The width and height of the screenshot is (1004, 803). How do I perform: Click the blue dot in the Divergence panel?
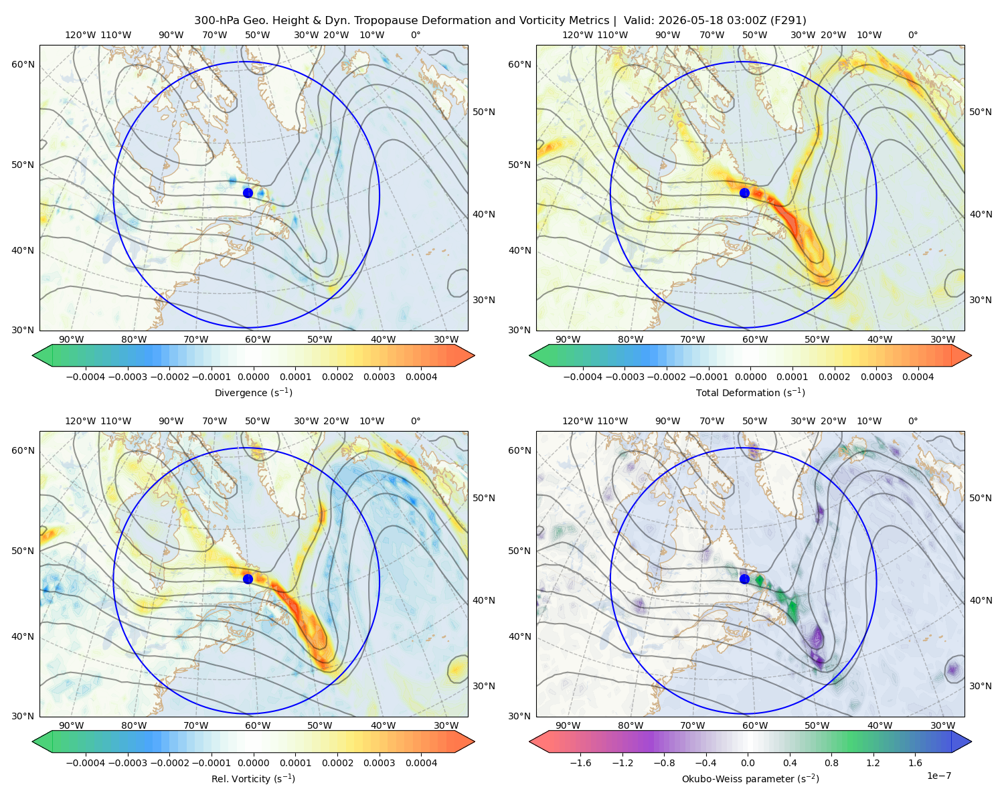tap(248, 193)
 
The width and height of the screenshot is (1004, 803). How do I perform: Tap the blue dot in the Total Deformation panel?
tap(744, 193)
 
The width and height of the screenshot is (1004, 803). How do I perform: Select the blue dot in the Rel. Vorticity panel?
tap(248, 579)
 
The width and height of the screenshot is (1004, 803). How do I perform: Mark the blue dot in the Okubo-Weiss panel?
tap(744, 579)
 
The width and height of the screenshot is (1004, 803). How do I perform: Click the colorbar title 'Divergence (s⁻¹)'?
tap(253, 392)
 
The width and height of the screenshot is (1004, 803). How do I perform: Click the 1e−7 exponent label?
tap(938, 776)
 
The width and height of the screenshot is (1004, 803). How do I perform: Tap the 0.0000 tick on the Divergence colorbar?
tap(253, 377)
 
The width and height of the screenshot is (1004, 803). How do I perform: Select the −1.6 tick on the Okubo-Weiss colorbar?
tap(580, 763)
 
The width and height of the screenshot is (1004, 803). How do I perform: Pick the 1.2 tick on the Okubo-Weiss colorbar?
tap(873, 763)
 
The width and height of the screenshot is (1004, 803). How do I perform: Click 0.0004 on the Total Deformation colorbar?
tap(918, 377)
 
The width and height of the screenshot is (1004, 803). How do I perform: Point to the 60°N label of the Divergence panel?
tap(23, 64)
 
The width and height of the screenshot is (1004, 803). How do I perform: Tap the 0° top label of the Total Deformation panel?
tap(912, 35)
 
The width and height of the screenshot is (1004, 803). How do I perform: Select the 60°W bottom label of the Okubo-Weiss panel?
tap(754, 725)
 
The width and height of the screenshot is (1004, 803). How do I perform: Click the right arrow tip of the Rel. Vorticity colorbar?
tap(475, 741)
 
